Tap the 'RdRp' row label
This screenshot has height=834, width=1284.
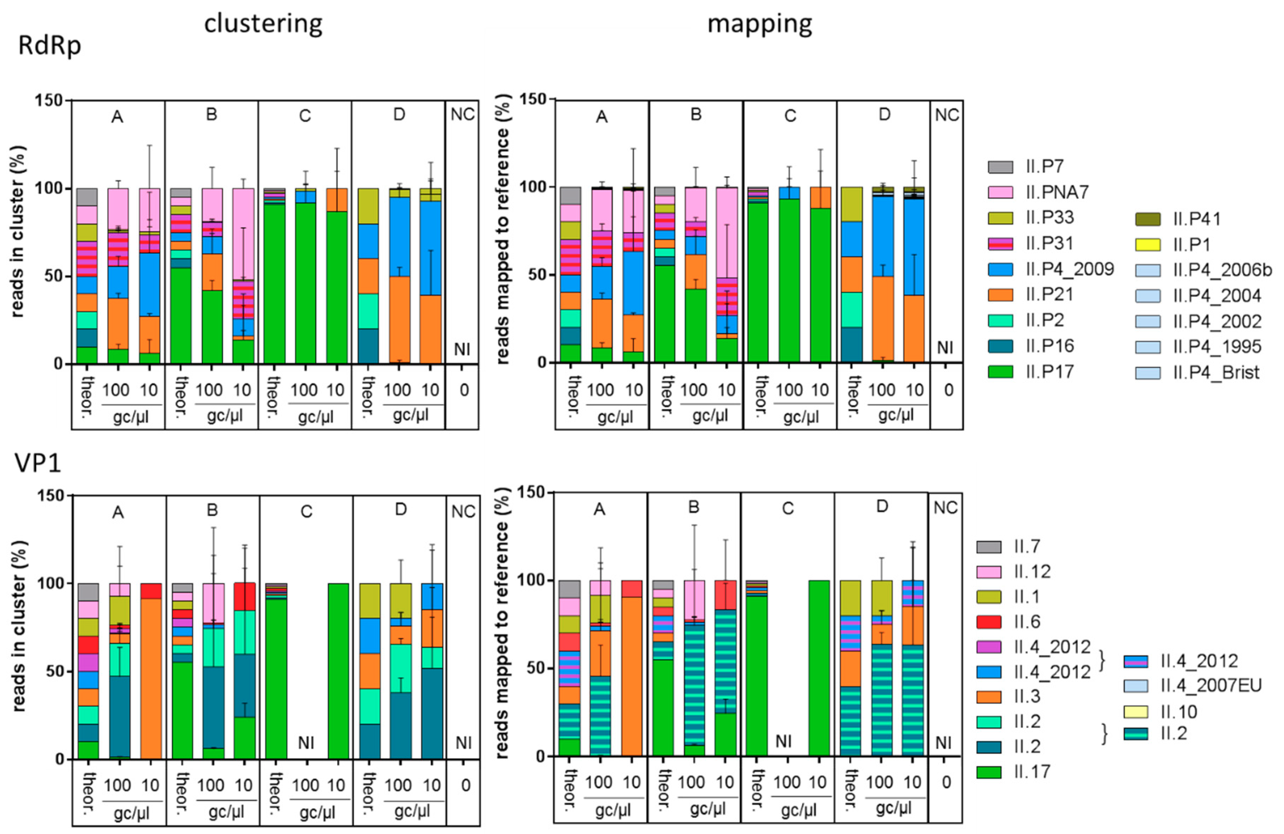50,45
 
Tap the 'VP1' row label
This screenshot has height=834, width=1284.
38,463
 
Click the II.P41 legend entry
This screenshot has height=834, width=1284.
1197,219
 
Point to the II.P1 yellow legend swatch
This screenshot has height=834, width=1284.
1148,244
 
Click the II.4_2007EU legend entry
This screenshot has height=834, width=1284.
1211,685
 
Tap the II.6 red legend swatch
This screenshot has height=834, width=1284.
988,622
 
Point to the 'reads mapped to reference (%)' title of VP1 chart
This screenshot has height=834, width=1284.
502,623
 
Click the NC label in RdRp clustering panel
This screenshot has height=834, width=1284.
462,115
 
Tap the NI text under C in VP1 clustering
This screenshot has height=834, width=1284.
306,743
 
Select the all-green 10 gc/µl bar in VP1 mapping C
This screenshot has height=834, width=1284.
819,668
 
